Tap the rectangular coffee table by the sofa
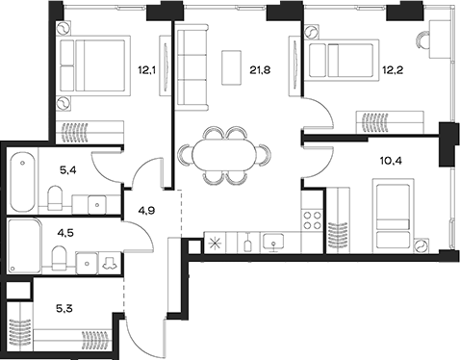(232, 66)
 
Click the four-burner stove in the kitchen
(313, 218)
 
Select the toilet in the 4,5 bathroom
(56, 258)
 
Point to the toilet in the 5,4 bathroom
(56, 199)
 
